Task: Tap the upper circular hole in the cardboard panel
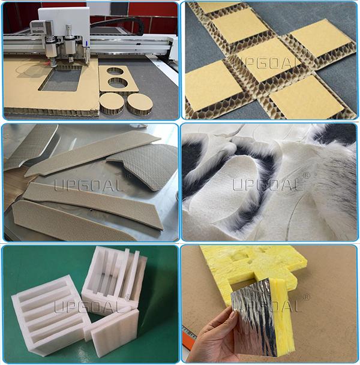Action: pyautogui.click(x=114, y=71)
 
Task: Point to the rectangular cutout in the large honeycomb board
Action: pyautogui.click(x=61, y=79)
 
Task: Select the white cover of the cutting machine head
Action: pyautogui.click(x=64, y=22)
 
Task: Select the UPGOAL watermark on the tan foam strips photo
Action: pyautogui.click(x=90, y=183)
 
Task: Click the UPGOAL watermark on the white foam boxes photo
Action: pyautogui.click(x=90, y=304)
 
